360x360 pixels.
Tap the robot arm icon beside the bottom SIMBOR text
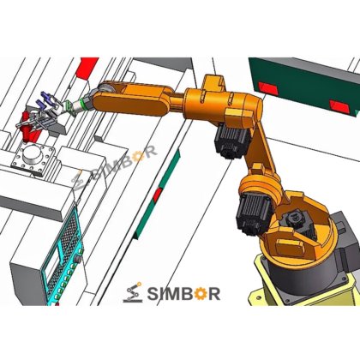pyautogui.click(x=133, y=292)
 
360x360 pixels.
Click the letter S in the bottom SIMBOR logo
pyautogui.click(x=153, y=294)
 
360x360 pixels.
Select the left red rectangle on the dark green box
pyautogui.click(x=268, y=88)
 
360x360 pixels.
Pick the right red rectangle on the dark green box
pyautogui.click(x=339, y=107)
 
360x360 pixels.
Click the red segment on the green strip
pyautogui.click(x=157, y=195)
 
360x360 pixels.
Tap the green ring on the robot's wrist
pyautogui.click(x=84, y=104)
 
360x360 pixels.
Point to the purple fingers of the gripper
pyautogui.click(x=45, y=100)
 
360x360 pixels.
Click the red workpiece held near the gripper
pyautogui.click(x=27, y=128)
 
